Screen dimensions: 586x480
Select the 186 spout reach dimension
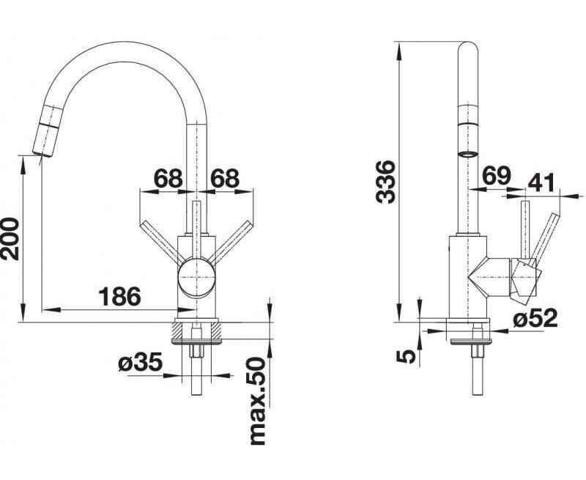[x=119, y=297]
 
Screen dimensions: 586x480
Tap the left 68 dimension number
[x=168, y=178]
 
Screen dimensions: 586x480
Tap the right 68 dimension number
[x=225, y=178]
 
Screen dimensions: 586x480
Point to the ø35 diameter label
[x=140, y=362]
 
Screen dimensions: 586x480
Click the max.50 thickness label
[x=258, y=401]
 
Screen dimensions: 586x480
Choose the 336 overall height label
[x=386, y=182]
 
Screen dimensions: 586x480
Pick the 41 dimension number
[x=541, y=182]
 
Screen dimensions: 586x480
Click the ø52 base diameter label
[x=535, y=318]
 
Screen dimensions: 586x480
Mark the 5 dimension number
[x=405, y=356]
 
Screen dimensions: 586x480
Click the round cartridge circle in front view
[x=197, y=278]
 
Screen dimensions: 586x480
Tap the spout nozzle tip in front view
[x=42, y=154]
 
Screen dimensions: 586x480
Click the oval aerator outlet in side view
[x=468, y=153]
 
